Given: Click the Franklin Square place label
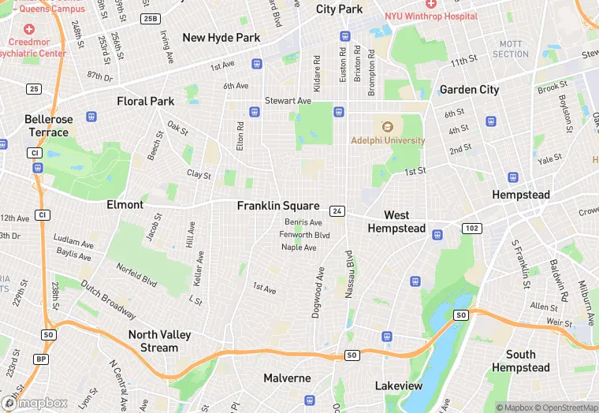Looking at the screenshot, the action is (x=278, y=206).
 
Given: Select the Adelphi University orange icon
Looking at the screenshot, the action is (x=387, y=126).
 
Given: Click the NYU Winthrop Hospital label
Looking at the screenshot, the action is (x=430, y=16).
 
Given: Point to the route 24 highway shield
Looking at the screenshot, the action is (x=337, y=211).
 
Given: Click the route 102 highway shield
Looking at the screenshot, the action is (x=471, y=229).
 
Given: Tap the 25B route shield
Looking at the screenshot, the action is (x=150, y=18).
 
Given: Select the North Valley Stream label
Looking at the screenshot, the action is (x=159, y=341).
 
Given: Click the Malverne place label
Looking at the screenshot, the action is (x=287, y=378).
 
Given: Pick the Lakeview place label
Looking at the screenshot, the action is (x=398, y=386).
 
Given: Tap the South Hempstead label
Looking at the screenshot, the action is (x=521, y=361).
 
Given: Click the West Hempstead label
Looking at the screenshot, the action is (x=396, y=221).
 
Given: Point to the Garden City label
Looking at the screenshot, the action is (x=469, y=90).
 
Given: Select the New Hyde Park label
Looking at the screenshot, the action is (x=221, y=38).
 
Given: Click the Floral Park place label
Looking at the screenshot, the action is (x=145, y=102).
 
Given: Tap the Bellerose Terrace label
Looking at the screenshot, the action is (x=49, y=126).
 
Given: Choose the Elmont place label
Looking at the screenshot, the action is (x=125, y=205).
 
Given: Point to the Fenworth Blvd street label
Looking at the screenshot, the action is (x=306, y=235).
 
